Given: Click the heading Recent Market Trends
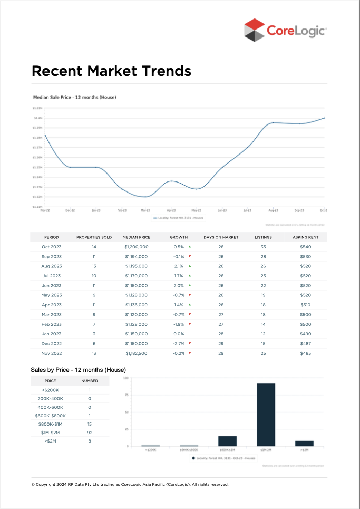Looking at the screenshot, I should pyautogui.click(x=111, y=71).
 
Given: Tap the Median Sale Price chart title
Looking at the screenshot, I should pyautogui.click(x=74, y=98).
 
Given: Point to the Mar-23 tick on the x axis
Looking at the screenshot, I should pyautogui.click(x=145, y=210).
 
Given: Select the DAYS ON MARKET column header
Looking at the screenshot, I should pyautogui.click(x=221, y=237).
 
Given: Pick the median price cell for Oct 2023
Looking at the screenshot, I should pyautogui.click(x=137, y=247).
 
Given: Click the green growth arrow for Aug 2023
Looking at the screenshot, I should pyautogui.click(x=189, y=266).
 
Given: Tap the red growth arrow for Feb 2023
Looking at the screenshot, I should pyautogui.click(x=189, y=324).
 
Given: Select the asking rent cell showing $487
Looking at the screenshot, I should pyautogui.click(x=306, y=344).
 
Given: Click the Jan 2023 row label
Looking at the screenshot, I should pyautogui.click(x=52, y=334).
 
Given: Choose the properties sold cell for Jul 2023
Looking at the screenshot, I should pyautogui.click(x=94, y=276).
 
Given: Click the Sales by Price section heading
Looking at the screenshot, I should pyautogui.click(x=78, y=370).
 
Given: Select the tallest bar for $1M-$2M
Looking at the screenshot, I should pyautogui.click(x=266, y=415).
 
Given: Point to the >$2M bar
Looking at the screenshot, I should pyautogui.click(x=304, y=444).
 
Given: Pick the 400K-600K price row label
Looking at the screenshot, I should pyautogui.click(x=50, y=407).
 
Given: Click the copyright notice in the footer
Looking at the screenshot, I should pyautogui.click(x=130, y=484).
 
